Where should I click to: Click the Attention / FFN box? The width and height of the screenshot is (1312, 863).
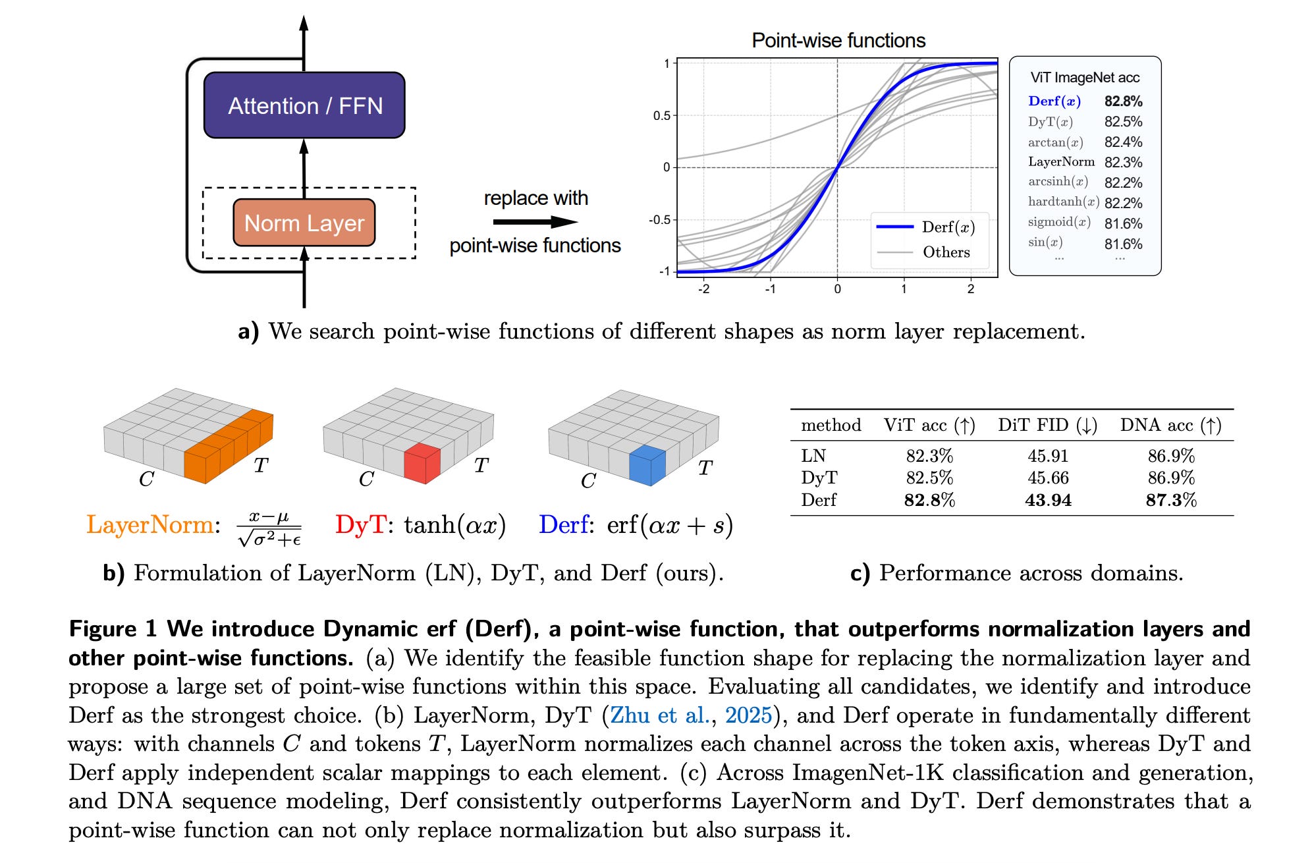tap(304, 105)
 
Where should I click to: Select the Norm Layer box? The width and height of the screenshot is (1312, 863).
tap(304, 223)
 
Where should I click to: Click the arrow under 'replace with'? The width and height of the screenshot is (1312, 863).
tap(535, 222)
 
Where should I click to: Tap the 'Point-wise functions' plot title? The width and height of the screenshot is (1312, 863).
tap(838, 41)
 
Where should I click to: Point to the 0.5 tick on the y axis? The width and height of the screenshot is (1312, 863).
tap(661, 116)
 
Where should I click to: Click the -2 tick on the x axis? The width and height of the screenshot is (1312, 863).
tap(703, 289)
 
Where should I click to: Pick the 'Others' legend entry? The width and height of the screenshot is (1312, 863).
tap(946, 252)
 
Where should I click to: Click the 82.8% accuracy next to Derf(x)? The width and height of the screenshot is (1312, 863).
tap(1123, 101)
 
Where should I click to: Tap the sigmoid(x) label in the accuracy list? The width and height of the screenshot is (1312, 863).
tap(1059, 222)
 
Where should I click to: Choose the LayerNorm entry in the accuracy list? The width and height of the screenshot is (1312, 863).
tap(1061, 162)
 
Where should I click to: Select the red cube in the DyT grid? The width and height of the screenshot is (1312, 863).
tap(422, 464)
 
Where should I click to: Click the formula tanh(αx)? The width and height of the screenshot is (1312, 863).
tap(454, 525)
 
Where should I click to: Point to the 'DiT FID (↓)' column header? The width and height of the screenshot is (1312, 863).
tap(1047, 426)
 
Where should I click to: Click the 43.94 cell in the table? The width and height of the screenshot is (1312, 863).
tap(1048, 500)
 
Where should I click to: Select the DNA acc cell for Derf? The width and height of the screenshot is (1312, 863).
tap(1170, 500)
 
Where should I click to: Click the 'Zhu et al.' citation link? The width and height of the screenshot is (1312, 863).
tap(659, 715)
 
